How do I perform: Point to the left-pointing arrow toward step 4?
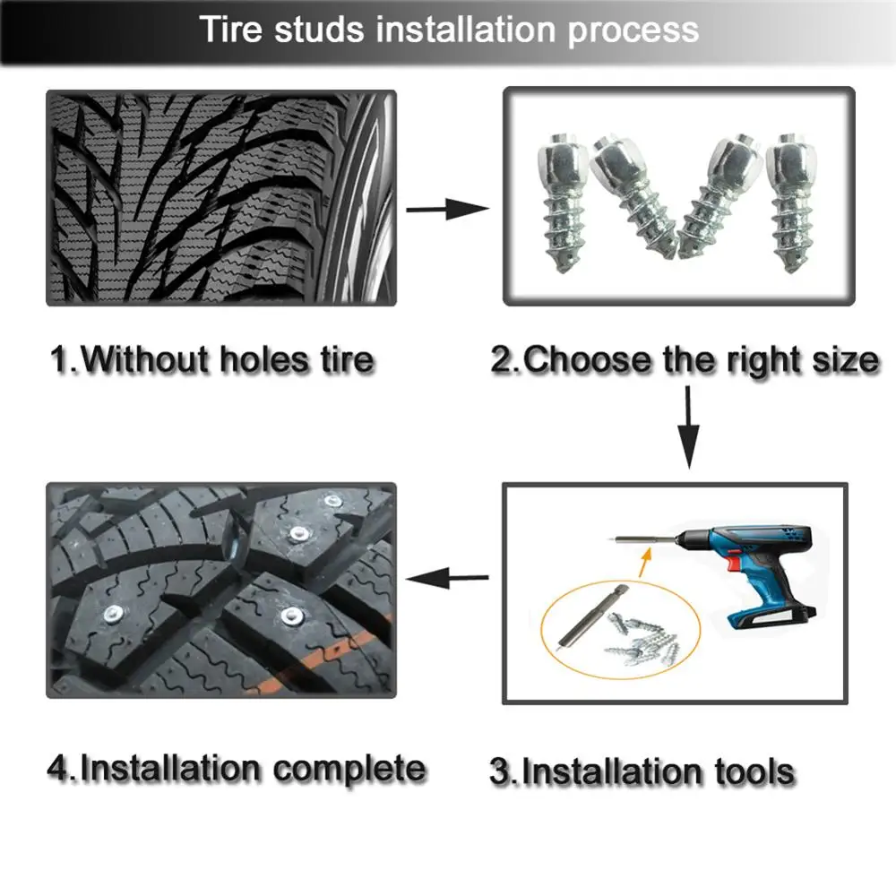click(446, 579)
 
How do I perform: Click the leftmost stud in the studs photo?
click(562, 202)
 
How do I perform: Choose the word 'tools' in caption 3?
click(748, 771)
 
